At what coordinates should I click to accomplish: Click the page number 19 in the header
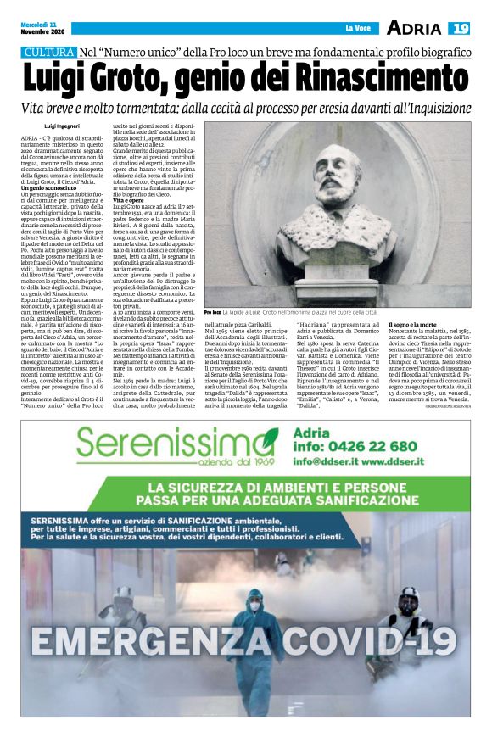(460, 29)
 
